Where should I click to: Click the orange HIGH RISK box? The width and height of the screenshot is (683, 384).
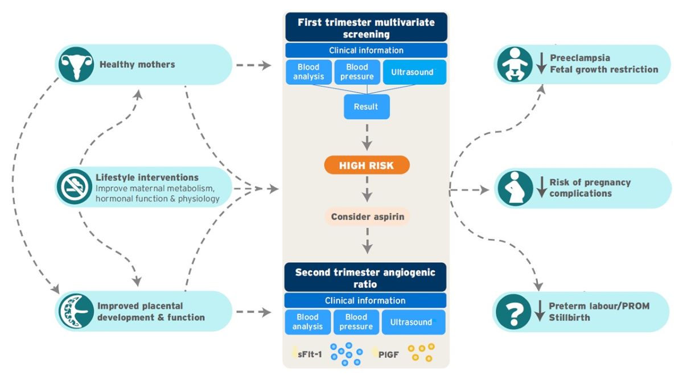click(x=367, y=165)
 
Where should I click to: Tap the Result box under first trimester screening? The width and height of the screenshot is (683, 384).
click(x=367, y=107)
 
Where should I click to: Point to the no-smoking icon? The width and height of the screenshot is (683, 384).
click(x=74, y=187)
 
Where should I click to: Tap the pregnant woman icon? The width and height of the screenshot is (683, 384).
click(x=515, y=188)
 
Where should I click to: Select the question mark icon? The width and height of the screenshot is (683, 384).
click(x=513, y=311)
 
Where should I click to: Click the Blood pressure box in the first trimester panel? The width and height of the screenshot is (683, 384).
click(x=356, y=72)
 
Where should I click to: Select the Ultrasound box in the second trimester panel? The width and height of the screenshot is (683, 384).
click(x=412, y=322)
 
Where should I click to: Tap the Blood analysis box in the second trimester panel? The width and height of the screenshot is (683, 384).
click(x=307, y=322)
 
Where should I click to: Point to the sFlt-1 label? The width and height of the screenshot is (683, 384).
click(x=310, y=354)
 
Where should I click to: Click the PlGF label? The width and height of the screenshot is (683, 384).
click(x=389, y=354)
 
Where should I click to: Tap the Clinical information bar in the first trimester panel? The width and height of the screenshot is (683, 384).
click(x=366, y=51)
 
